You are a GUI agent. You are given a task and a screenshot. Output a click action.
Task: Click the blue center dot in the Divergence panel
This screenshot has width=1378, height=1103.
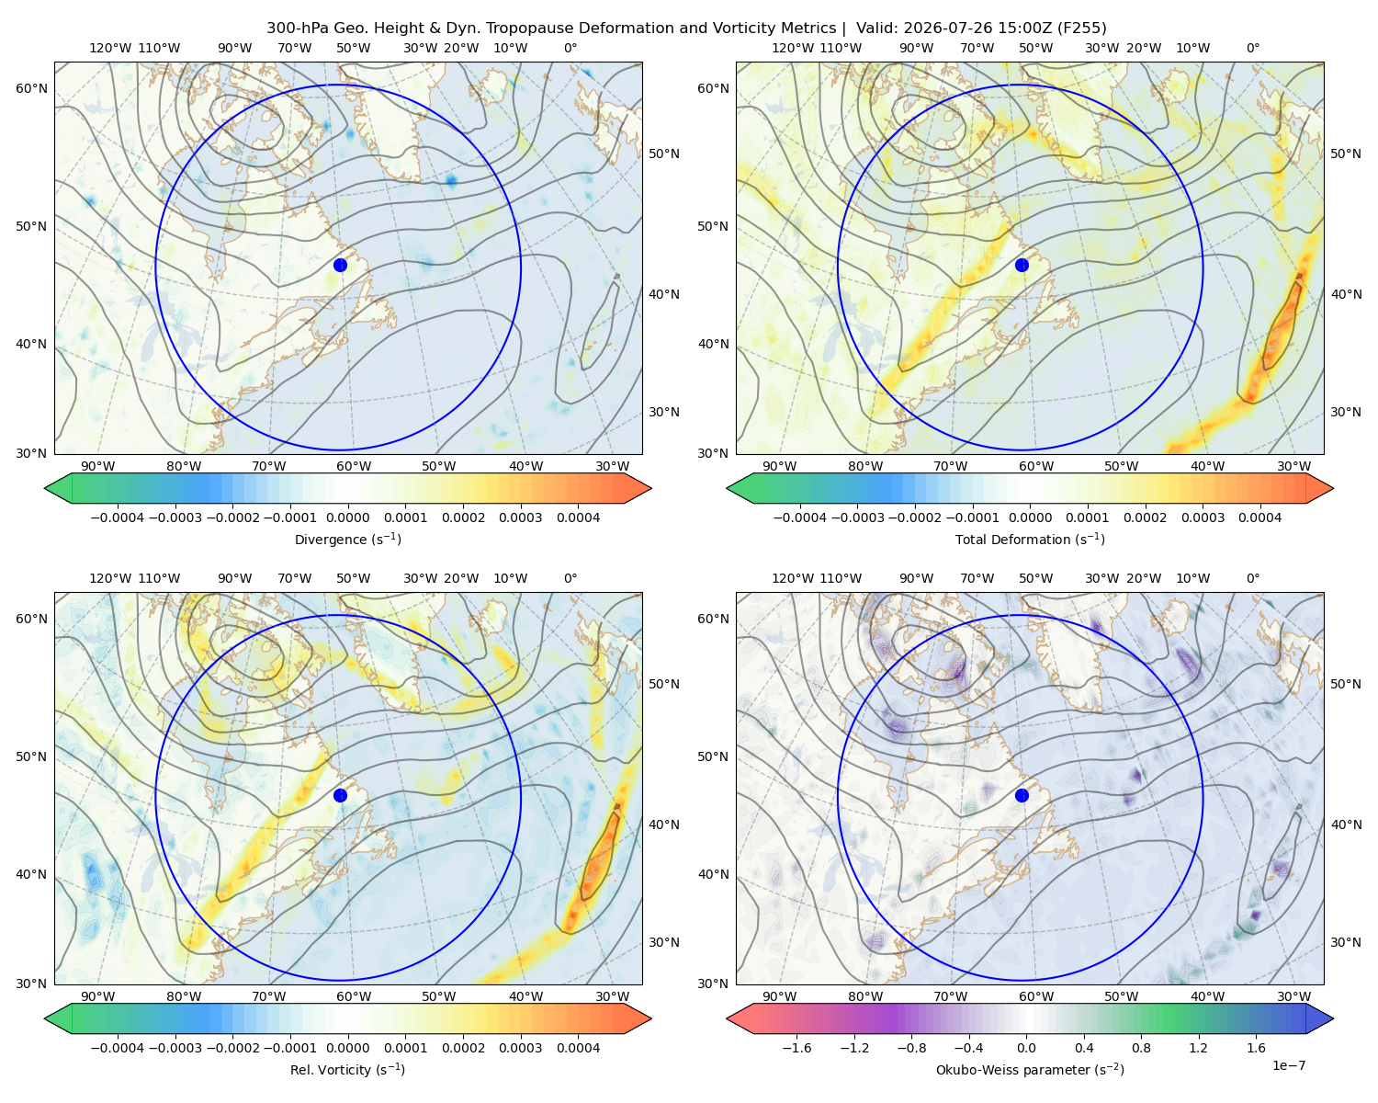point(340,265)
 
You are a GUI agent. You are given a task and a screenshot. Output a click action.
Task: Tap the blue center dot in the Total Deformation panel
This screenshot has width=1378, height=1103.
point(1022,265)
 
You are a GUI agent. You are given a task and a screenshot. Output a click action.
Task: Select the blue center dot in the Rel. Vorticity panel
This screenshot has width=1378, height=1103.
point(340,795)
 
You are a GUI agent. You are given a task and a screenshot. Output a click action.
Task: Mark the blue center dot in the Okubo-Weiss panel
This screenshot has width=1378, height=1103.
point(1022,795)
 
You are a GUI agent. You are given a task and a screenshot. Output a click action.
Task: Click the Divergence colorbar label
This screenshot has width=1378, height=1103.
point(347,539)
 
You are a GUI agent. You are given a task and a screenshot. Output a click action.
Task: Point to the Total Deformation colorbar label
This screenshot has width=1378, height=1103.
point(1030,539)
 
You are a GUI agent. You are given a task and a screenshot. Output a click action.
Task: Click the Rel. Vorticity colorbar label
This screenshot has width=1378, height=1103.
point(347,1069)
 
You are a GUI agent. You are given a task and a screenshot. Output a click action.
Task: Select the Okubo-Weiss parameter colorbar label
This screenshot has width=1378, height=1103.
point(1030,1069)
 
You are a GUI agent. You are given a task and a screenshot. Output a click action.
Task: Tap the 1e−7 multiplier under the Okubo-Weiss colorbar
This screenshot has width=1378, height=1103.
point(1288,1065)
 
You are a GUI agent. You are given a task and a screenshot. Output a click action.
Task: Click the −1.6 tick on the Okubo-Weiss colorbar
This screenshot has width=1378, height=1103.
point(797,1048)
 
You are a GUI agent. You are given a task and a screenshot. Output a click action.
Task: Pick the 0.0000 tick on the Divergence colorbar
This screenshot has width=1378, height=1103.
point(347,517)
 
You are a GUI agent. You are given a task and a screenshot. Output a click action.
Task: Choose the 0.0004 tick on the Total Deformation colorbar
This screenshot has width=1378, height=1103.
point(1260,517)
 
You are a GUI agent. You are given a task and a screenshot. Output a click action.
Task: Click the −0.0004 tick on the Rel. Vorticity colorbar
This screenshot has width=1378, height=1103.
point(118,1048)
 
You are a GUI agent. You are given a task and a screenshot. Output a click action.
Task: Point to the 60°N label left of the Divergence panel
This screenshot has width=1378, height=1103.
point(31,88)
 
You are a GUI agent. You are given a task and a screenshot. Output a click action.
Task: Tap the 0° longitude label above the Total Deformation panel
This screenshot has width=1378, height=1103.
point(1252,48)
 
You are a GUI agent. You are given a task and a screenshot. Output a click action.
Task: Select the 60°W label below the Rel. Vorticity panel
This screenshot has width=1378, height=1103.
point(354,996)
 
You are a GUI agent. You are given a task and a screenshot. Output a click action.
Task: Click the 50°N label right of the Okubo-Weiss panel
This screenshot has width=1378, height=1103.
point(1346,684)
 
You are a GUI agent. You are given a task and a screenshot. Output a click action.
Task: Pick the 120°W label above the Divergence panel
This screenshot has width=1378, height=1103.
point(110,48)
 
